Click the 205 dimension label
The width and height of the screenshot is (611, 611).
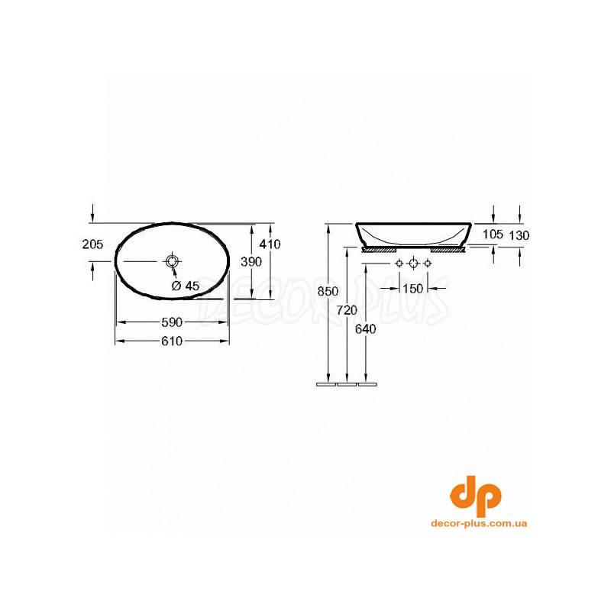coord(92,244)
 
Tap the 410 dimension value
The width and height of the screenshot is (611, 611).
coord(270,244)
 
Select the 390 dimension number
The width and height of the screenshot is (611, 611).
coord(251,262)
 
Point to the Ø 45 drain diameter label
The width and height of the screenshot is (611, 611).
coord(186,286)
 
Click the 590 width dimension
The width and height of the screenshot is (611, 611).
coord(172,322)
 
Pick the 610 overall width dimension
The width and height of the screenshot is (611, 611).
coord(172,341)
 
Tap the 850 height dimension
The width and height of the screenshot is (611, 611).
coord(328,291)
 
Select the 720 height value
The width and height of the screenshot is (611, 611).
coord(347,310)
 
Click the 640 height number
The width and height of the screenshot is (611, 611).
coord(366,329)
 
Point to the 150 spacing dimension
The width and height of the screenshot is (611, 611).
coord(412,289)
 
